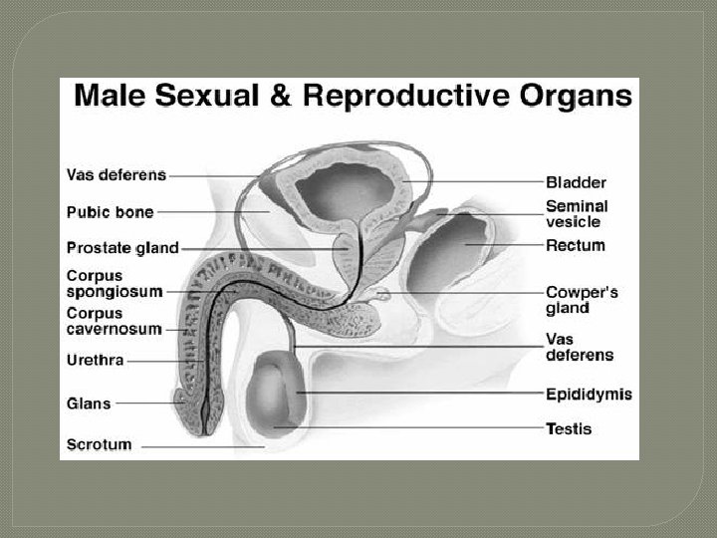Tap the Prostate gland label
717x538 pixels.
coord(121,247)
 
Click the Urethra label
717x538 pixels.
coord(95,360)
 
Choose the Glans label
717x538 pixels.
coord(89,403)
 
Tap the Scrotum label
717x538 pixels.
coord(99,444)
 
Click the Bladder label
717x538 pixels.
coord(576,182)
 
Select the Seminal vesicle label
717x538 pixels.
coord(577,213)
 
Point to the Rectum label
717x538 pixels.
coord(575,245)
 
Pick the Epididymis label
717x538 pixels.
coord(589,395)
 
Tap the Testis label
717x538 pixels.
coord(569,429)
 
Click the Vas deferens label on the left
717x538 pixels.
coord(116,174)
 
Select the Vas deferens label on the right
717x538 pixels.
coord(580,346)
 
